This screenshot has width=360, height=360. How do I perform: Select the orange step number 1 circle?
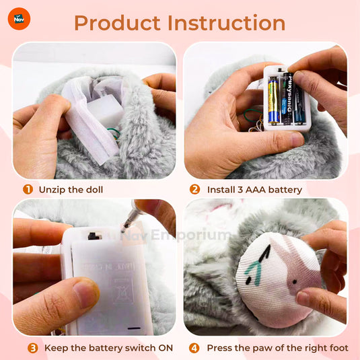(x=28, y=189)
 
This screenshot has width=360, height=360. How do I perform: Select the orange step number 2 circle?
(x=195, y=189)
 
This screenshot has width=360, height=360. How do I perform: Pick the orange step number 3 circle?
(x=32, y=348)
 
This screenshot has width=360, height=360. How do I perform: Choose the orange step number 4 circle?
(x=194, y=348)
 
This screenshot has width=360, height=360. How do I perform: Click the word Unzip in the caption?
(x=52, y=189)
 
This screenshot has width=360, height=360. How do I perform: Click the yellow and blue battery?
(x=274, y=99)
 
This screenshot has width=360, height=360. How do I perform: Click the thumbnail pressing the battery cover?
(x=86, y=293)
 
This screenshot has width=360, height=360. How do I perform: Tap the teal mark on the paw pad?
(x=252, y=272)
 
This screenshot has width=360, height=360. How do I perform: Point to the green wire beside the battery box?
(x=113, y=133)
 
